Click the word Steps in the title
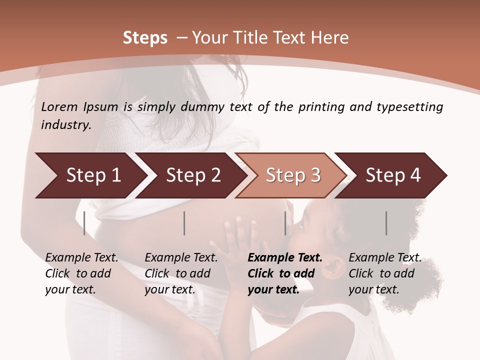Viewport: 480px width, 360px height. [145, 38]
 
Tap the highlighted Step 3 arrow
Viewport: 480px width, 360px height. [293, 175]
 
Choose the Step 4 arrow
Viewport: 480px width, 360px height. [393, 175]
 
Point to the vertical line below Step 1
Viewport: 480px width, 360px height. [84, 223]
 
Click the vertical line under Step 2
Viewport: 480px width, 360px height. [184, 223]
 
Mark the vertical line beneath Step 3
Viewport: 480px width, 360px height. [285, 223]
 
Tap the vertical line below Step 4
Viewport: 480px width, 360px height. [386, 223]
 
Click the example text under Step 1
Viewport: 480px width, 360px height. [81, 273]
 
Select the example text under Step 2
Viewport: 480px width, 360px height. [181, 273]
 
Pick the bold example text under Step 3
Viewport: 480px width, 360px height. [285, 273]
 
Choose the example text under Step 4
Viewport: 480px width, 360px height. [384, 273]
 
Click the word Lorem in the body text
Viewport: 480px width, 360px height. [59, 107]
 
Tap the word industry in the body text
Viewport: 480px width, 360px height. [65, 125]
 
